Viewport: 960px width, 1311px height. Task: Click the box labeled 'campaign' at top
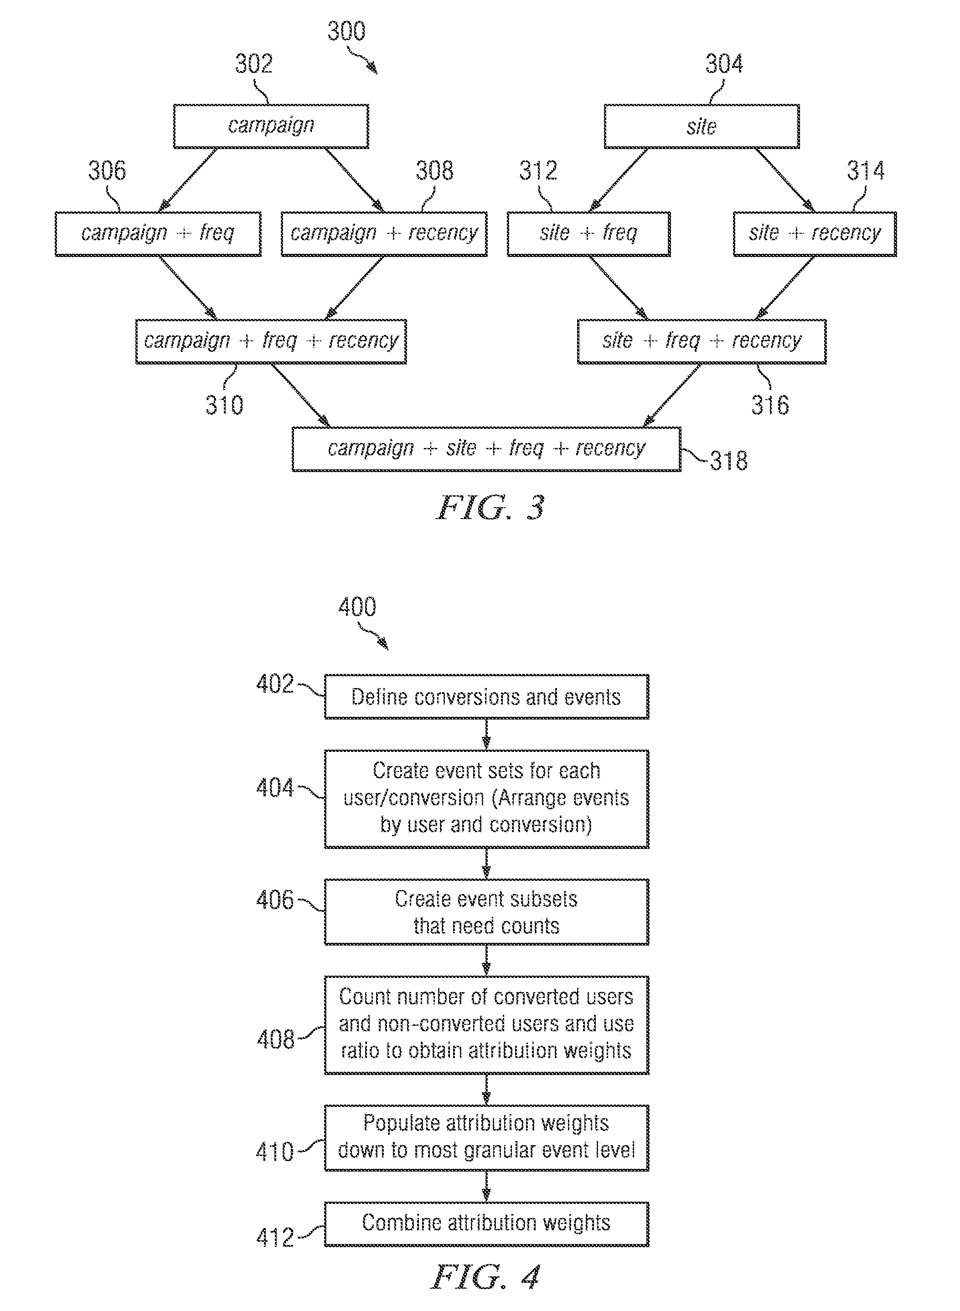(271, 126)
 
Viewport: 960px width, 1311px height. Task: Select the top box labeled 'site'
(702, 126)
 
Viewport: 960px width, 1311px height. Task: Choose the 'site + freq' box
(588, 233)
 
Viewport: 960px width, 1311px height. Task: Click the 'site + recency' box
(814, 233)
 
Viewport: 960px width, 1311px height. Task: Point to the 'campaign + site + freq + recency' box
(486, 449)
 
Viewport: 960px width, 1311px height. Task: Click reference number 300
(346, 31)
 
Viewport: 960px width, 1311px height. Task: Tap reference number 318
(729, 461)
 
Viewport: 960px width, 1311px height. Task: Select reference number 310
(224, 405)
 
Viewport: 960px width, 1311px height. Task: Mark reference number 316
(770, 405)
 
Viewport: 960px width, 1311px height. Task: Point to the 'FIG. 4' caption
(486, 1277)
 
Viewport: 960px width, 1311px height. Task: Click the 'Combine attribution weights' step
(486, 1224)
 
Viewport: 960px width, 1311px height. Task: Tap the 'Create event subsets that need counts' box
(486, 912)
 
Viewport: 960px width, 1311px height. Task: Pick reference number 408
(275, 1039)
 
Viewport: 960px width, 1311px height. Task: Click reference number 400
(357, 607)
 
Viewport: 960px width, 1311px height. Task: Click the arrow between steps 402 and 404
(486, 734)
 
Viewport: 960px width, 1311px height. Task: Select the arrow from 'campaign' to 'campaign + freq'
(188, 180)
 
